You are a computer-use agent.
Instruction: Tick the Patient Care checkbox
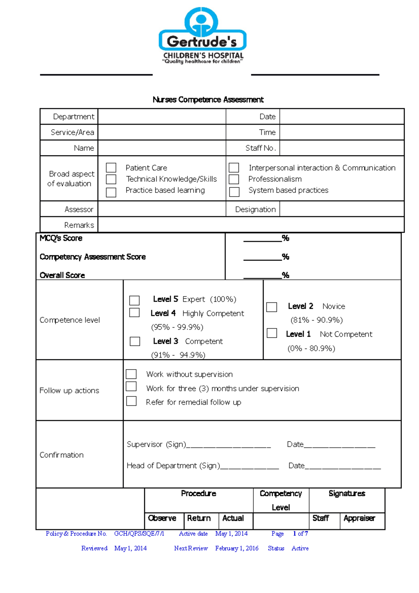(x=111, y=168)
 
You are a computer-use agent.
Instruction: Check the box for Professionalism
(x=234, y=179)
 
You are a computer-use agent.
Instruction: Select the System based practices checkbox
(x=234, y=192)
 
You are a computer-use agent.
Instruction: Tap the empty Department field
(x=162, y=117)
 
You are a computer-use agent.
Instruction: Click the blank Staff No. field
(x=341, y=148)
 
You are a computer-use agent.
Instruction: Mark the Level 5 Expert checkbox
(x=134, y=300)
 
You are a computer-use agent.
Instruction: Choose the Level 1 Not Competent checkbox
(x=272, y=333)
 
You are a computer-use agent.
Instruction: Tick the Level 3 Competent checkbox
(x=135, y=341)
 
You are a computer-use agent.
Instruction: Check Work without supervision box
(x=131, y=374)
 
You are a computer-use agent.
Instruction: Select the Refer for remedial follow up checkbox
(x=131, y=401)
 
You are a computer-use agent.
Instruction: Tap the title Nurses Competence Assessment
(x=208, y=100)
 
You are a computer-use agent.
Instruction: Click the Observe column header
(x=162, y=518)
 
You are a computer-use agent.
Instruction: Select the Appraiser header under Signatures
(x=359, y=518)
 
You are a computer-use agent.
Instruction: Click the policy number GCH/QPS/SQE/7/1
(x=139, y=534)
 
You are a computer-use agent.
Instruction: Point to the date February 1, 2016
(x=237, y=548)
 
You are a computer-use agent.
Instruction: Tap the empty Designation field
(x=341, y=210)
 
